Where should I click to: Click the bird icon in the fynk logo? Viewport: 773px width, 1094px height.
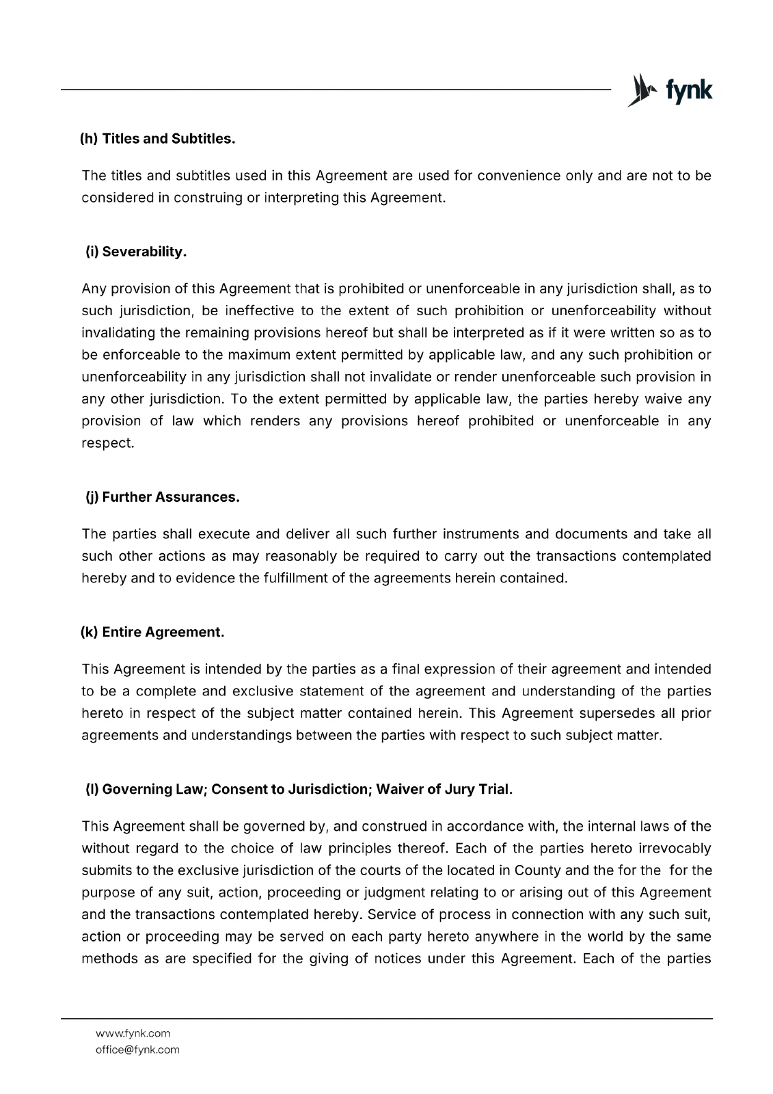coord(640,90)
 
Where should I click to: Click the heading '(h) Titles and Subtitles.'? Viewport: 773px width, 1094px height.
coord(157,139)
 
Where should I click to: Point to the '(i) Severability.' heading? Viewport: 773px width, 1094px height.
coord(136,252)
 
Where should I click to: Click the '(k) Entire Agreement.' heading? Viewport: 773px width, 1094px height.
coord(152,632)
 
